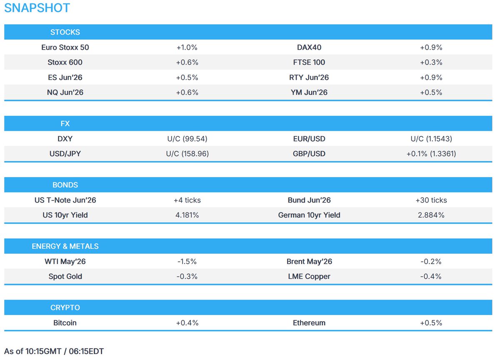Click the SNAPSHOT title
[x=37, y=8]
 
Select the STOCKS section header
[x=65, y=32]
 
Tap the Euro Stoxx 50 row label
[x=65, y=47]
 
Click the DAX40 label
[x=309, y=47]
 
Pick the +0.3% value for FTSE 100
[x=431, y=62]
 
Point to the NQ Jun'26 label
[x=65, y=92]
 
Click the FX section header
[x=65, y=124]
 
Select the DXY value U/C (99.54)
[x=187, y=139]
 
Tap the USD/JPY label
[x=65, y=154]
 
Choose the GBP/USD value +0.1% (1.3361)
[x=431, y=154]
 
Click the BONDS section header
[x=65, y=185]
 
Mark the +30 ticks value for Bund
[x=431, y=200]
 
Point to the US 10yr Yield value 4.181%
[x=187, y=215]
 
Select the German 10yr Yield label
[x=309, y=215]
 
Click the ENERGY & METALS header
[x=65, y=246]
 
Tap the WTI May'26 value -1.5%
[x=187, y=262]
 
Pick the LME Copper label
[x=309, y=277]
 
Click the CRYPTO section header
[x=65, y=307]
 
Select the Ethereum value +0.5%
[x=431, y=323]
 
